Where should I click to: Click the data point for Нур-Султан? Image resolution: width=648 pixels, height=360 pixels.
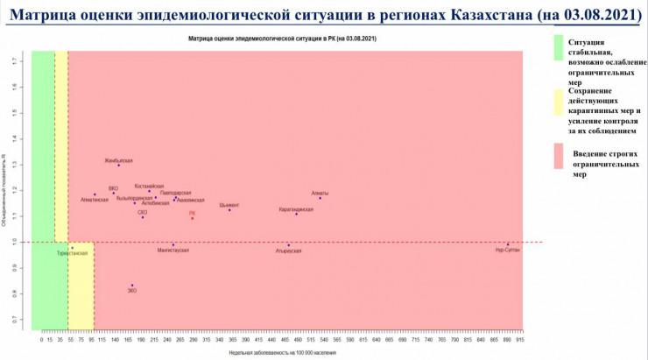coord(508,244)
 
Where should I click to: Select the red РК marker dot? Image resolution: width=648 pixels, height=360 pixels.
coord(192,218)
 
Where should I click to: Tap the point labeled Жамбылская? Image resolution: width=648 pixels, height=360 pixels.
coord(119,166)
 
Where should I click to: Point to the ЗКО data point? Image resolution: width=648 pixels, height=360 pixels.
coord(132,286)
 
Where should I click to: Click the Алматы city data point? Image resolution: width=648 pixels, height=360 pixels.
coord(320,198)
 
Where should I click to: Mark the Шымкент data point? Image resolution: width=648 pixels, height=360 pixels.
coord(229,209)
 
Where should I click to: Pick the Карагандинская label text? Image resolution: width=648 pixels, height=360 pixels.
coord(296,209)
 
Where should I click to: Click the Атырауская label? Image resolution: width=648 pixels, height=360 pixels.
coord(288,251)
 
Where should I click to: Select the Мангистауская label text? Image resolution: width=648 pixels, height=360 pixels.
coord(173,251)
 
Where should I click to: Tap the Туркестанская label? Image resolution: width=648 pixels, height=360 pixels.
coord(72,253)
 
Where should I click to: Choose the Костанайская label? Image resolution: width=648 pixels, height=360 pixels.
coord(149,187)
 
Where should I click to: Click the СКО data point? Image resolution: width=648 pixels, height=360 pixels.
coord(143,217)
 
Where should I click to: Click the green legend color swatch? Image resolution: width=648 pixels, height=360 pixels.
coord(557,59)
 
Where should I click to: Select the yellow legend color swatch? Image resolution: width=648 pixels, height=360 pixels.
coord(557,109)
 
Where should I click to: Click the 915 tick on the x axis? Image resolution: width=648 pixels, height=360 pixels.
coord(519,339)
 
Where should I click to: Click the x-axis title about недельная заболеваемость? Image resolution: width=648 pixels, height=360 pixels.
coord(278,352)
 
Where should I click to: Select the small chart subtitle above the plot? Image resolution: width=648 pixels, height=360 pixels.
coord(277,40)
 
